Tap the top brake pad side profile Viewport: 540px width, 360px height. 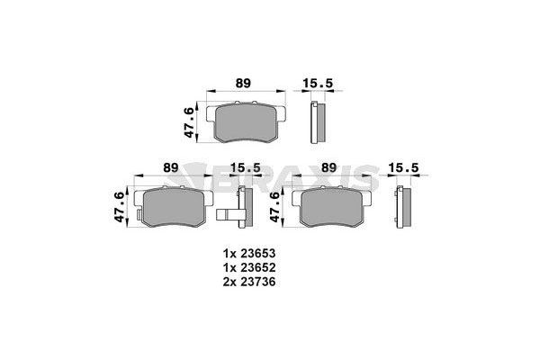[316, 121]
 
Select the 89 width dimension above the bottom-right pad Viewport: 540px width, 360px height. [329, 167]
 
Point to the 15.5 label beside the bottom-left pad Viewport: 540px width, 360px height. [245, 167]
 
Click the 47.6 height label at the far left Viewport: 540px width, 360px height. [119, 208]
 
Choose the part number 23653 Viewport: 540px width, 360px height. [257, 254]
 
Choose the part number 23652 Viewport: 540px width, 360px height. [257, 268]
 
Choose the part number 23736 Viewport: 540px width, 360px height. [257, 283]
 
